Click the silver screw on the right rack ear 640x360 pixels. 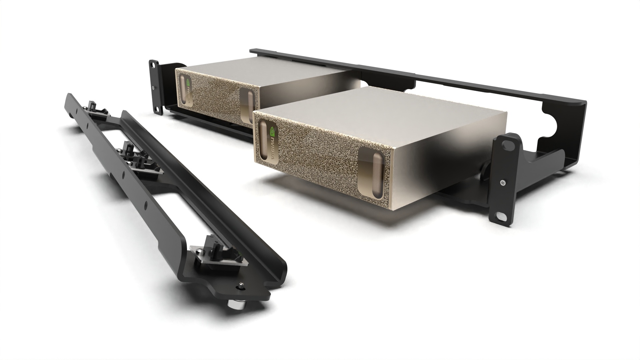click(x=502, y=182)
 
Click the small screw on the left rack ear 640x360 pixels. click(x=153, y=88)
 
